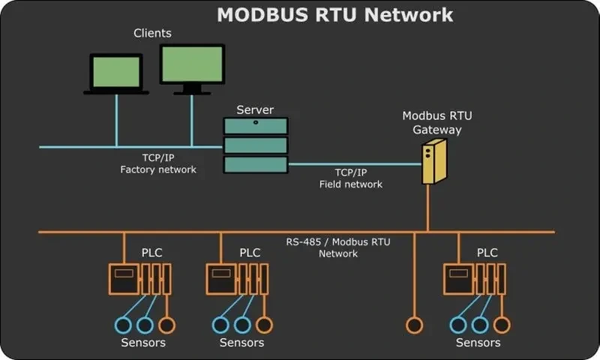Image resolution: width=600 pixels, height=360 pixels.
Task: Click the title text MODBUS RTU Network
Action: click(x=334, y=14)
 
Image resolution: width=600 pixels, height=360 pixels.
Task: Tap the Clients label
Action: click(x=152, y=33)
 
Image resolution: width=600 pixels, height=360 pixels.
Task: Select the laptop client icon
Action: click(x=116, y=73)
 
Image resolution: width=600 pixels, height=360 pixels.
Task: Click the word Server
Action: click(x=255, y=109)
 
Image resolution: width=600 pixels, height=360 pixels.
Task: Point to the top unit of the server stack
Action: click(x=255, y=126)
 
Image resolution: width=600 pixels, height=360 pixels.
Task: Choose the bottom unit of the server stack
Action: click(x=255, y=164)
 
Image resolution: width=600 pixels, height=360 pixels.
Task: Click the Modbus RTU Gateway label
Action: click(x=431, y=122)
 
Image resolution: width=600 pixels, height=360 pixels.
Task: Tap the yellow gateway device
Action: click(x=433, y=160)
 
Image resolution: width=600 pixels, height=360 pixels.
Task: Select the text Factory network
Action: click(x=158, y=169)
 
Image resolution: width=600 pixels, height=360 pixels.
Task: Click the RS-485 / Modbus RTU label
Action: click(x=338, y=242)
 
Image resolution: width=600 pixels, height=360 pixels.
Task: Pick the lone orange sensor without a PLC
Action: click(x=414, y=325)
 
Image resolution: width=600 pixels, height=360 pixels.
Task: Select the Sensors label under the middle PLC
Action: click(x=241, y=343)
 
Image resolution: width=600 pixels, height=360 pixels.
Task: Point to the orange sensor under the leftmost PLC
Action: click(x=166, y=325)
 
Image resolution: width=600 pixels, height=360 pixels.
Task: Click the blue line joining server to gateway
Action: click(x=352, y=163)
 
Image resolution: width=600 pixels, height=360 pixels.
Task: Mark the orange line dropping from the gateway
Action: click(x=427, y=208)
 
